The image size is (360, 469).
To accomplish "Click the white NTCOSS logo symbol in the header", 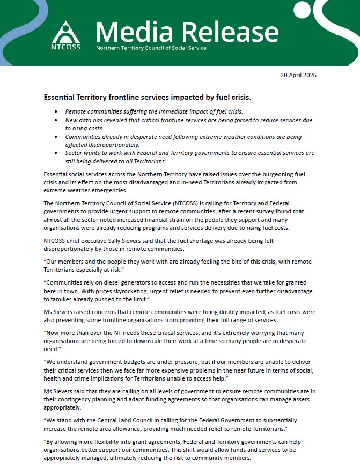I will (x=66, y=31).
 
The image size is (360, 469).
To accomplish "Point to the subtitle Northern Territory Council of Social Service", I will (x=151, y=48).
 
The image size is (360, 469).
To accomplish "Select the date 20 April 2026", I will (x=298, y=75).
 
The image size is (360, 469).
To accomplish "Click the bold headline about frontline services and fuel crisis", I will (x=148, y=99).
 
